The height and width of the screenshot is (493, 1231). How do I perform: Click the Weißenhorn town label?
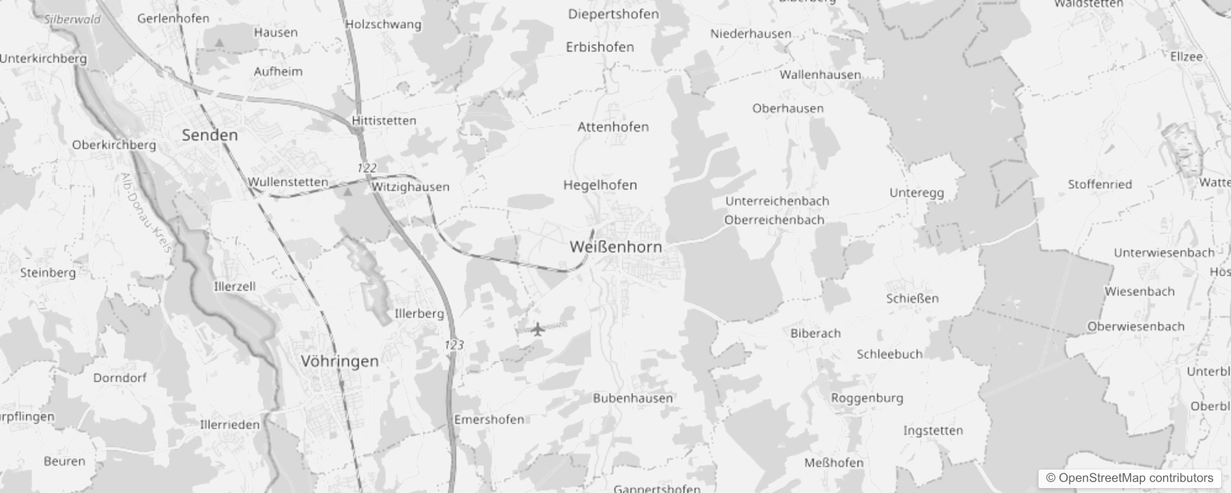click(615, 247)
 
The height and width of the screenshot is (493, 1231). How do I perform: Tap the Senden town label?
click(210, 136)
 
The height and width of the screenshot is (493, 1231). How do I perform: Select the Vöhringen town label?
click(340, 361)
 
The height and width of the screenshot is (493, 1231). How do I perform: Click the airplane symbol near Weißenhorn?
click(538, 329)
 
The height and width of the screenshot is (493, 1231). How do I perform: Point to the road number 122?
click(366, 168)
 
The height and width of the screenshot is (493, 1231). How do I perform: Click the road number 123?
click(454, 345)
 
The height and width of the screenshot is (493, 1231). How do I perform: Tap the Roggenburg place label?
click(867, 398)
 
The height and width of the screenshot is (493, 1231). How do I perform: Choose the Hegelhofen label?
click(599, 185)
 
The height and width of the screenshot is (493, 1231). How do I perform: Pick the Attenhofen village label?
click(612, 127)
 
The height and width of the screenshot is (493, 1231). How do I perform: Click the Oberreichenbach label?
click(774, 220)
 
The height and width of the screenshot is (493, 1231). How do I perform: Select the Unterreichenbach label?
click(776, 202)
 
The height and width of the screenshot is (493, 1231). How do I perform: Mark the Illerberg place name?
click(419, 314)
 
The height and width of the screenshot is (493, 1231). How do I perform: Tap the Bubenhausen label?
click(632, 398)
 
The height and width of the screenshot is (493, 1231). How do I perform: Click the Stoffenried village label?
click(1100, 184)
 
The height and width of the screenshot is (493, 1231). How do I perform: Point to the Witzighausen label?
click(410, 187)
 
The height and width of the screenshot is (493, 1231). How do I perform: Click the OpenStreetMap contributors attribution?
click(1129, 478)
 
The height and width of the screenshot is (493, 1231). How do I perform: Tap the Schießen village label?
click(912, 299)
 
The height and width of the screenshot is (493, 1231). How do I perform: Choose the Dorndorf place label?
click(120, 378)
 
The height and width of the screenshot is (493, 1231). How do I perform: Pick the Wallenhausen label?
click(820, 75)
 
